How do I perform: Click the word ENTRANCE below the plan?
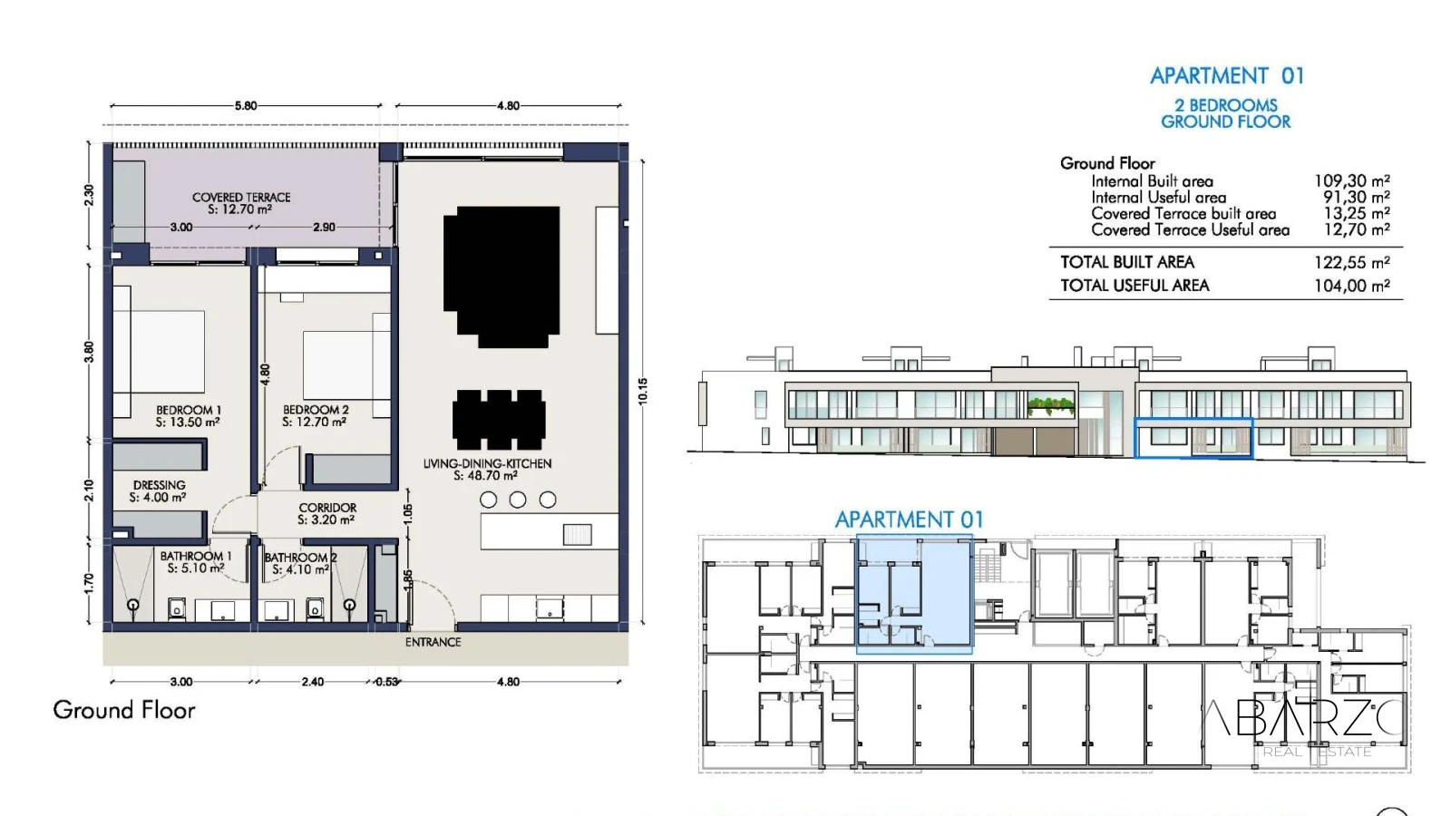pyautogui.click(x=433, y=642)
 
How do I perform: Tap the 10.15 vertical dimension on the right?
pyautogui.click(x=643, y=391)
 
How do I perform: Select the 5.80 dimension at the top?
pyautogui.click(x=246, y=105)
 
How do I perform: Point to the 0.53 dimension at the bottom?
pyautogui.click(x=386, y=681)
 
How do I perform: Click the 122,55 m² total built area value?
pyautogui.click(x=1352, y=262)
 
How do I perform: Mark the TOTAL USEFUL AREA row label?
pyautogui.click(x=1135, y=285)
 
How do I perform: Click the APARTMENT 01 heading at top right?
pyautogui.click(x=1227, y=76)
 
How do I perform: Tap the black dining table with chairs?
pyautogui.click(x=499, y=420)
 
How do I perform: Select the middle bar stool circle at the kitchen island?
pyautogui.click(x=518, y=500)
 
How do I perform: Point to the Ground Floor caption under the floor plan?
pyautogui.click(x=124, y=710)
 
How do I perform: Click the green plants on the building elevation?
pyautogui.click(x=1051, y=405)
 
